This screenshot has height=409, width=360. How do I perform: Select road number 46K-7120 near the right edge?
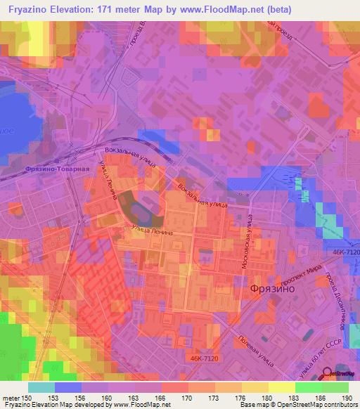pos(342,251)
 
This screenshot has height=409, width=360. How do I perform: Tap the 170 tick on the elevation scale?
pos(188,398)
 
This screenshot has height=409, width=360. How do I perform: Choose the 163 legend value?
pos(134,398)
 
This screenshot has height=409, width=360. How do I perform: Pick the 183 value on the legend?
pos(295,398)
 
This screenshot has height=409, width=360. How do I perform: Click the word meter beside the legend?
pos(10,398)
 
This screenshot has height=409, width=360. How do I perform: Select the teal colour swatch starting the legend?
pos(41,387)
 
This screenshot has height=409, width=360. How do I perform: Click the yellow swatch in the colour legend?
pos(281,387)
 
